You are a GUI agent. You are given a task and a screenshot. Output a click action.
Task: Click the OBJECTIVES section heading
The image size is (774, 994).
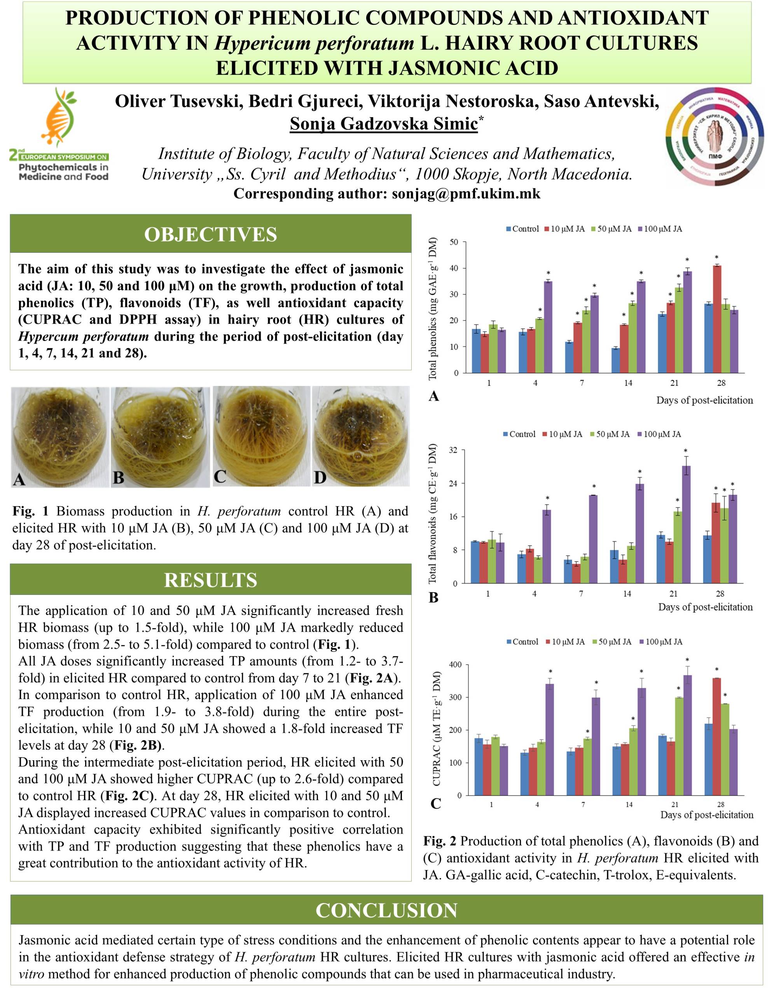point(210,235)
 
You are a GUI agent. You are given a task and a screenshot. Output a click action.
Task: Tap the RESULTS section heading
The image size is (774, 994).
point(210,580)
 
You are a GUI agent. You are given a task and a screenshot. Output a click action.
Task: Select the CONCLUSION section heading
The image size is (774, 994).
point(386,910)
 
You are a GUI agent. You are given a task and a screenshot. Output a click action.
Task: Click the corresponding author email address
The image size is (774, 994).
point(466,194)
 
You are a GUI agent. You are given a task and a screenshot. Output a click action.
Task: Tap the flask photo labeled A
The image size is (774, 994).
point(60,437)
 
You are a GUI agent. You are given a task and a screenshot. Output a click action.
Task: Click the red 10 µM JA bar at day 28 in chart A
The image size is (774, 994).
point(717,319)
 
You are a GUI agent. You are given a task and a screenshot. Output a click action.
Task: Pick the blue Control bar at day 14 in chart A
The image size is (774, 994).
point(615,360)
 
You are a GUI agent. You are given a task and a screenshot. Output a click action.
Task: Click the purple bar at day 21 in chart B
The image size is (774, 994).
point(686,524)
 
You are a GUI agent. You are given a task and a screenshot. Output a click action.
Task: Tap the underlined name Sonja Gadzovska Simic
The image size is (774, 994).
point(384,124)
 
